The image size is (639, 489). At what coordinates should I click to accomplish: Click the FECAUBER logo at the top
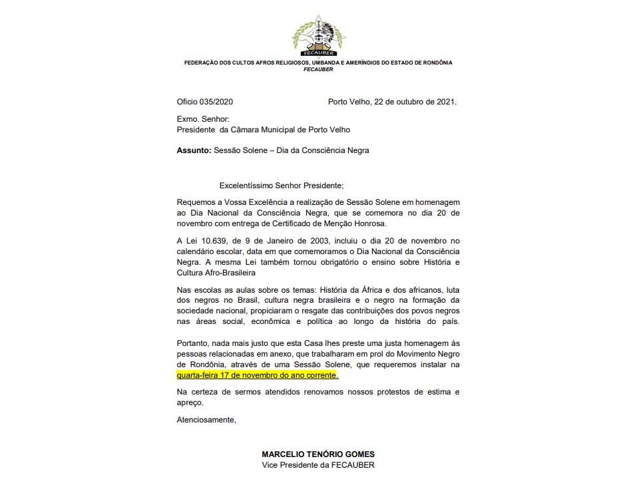click(318, 33)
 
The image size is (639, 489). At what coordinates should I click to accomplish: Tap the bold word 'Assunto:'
click(194, 150)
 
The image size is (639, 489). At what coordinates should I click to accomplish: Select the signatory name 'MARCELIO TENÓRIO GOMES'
click(318, 454)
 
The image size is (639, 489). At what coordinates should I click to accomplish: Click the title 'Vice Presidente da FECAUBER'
click(318, 465)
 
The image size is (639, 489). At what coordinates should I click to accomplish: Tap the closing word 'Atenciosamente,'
click(206, 420)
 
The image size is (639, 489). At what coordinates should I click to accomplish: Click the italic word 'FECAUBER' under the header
click(318, 69)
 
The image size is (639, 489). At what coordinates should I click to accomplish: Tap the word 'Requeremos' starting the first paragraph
click(198, 202)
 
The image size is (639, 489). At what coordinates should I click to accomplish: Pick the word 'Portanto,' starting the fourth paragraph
click(192, 342)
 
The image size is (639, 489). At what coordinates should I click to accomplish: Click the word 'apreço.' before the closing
click(189, 403)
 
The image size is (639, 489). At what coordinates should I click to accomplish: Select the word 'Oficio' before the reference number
click(188, 102)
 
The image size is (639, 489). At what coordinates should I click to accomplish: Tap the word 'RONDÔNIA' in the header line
click(436, 63)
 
